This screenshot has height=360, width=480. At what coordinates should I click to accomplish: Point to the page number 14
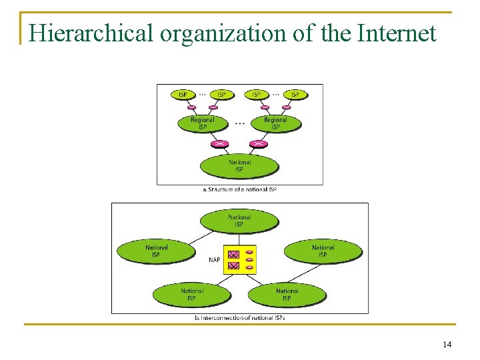pos(447,344)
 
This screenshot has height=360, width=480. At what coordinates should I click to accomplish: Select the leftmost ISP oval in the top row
pos(183,95)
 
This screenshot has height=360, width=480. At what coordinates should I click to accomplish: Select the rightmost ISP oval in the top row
pos(295,95)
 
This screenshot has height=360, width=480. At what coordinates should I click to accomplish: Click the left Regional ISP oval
pos(203,123)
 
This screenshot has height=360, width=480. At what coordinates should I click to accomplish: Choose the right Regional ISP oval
pos(275,123)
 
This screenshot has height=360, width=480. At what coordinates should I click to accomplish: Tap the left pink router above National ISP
pos(219,144)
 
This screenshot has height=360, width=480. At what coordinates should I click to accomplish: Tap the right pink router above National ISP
pos(258,144)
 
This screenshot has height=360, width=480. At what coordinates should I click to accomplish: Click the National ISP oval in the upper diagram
pos(239,166)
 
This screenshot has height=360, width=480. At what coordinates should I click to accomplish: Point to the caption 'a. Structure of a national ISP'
pos(239,189)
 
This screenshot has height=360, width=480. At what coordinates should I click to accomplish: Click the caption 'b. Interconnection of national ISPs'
pos(239,318)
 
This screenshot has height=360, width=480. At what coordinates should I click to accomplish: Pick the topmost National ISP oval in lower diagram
pos(239,221)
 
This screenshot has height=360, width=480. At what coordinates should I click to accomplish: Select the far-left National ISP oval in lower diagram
pos(157,251)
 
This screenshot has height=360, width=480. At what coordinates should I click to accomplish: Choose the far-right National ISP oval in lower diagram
pos(323,251)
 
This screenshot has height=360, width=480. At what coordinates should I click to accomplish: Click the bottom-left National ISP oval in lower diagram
pos(192,294)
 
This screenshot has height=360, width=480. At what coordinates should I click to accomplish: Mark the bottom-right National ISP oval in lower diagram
pos(287,294)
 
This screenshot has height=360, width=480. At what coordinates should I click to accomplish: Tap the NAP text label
pos(214,260)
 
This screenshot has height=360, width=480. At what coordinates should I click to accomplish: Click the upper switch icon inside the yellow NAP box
pos(233,254)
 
